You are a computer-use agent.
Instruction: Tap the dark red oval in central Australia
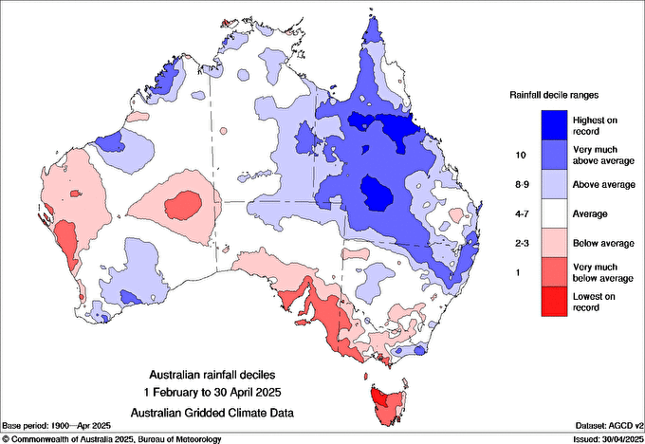tap(181, 204)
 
